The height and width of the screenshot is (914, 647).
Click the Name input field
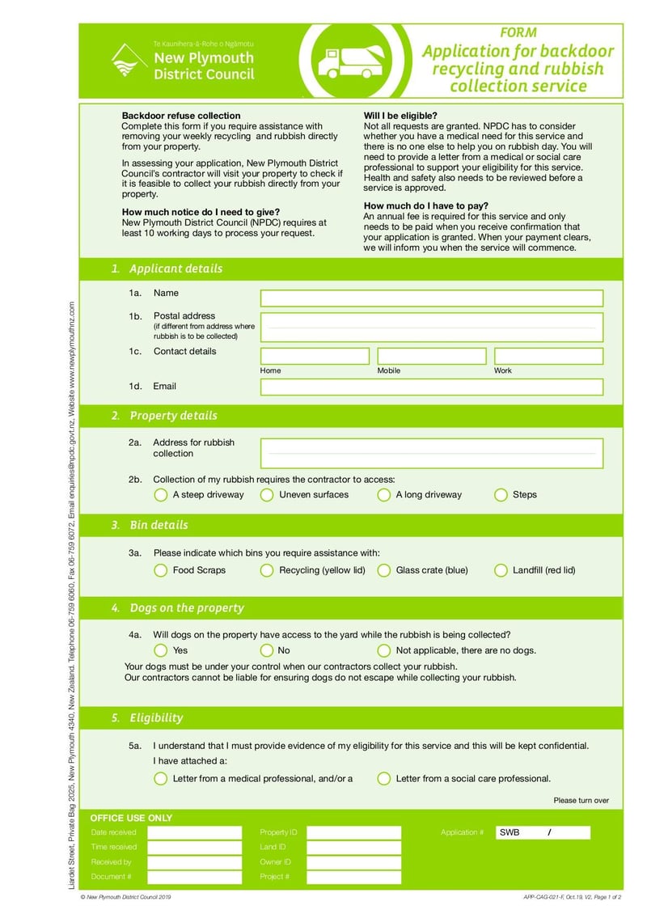tap(431, 298)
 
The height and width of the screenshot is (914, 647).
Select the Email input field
tap(431, 387)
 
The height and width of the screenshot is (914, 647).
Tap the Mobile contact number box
tap(431, 356)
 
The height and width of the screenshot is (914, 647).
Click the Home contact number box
tap(315, 356)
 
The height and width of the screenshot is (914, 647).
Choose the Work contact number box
tap(548, 356)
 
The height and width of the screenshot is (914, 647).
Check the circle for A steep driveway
tap(160, 495)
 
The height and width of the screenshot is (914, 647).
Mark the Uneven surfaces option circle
tap(267, 495)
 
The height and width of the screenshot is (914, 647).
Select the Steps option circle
tap(501, 495)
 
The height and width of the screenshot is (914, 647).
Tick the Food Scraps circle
tap(160, 570)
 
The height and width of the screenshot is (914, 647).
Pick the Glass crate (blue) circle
tap(383, 570)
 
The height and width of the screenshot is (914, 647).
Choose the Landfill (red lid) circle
tap(501, 570)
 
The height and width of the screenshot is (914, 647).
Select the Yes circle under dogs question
tap(160, 650)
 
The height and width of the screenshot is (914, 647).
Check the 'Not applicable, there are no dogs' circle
tap(383, 650)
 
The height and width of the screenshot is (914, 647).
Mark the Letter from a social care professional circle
tap(383, 779)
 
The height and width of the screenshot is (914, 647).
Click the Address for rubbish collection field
tap(431, 454)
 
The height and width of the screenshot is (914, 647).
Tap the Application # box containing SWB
tap(543, 832)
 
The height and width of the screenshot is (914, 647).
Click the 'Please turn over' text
tap(581, 801)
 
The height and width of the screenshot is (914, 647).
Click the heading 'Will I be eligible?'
tap(400, 116)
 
